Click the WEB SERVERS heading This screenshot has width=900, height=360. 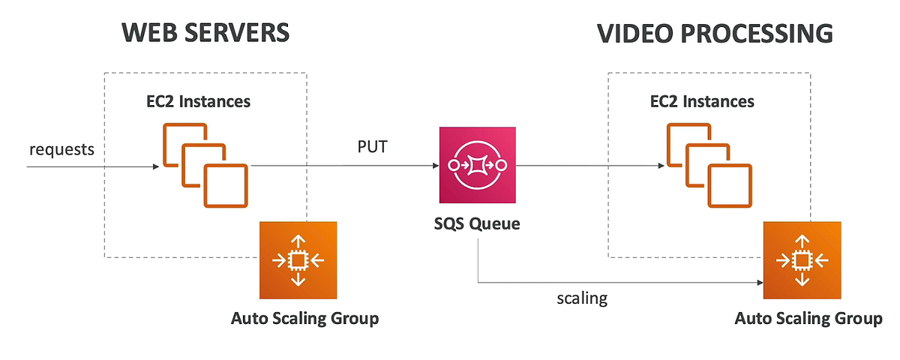tap(205, 33)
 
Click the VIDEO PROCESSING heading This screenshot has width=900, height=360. tap(715, 33)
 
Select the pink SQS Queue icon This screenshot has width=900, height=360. tap(478, 164)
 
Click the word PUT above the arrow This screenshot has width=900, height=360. tap(373, 146)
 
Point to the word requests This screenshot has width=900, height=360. tap(62, 148)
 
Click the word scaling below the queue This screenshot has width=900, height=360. tap(581, 298)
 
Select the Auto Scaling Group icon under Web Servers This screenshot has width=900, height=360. tap(298, 260)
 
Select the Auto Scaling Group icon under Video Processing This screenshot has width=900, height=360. tap(802, 260)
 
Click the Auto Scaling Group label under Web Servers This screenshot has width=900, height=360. tap(304, 319)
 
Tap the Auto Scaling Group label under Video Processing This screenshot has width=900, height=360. tap(808, 319)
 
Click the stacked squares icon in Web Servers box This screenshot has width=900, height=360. tap(205, 165)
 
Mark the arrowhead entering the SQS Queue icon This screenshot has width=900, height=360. tap(436, 166)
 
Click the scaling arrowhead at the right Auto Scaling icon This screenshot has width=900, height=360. tap(760, 283)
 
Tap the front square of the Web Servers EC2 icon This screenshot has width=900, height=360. tap(226, 186)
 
